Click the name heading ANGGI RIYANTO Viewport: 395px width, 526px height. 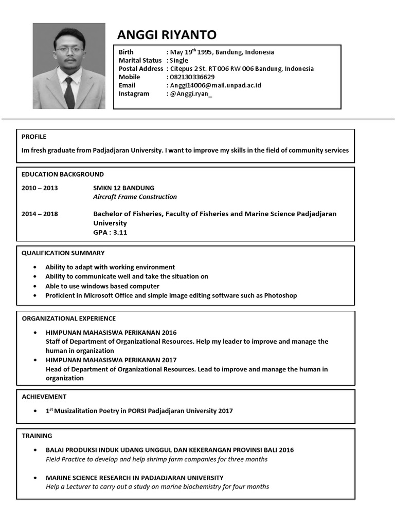coord(167,35)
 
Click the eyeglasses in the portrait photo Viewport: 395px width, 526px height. coord(69,50)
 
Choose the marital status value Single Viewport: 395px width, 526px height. coord(179,60)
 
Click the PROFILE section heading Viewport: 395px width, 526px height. coord(34,137)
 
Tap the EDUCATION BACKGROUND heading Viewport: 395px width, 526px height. coord(62,174)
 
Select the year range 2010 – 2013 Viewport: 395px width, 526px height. coord(40,187)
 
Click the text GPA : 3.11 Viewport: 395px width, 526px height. coord(110,232)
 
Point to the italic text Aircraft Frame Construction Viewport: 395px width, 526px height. coord(135,197)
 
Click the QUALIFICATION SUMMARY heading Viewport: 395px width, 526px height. coord(63,253)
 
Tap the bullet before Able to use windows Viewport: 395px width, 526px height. coord(34,286)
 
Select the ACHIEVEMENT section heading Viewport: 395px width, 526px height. coord(44,397)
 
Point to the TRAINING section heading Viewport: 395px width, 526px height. coord(37,436)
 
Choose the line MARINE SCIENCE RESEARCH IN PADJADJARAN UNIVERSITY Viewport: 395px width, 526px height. coord(135,478)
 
